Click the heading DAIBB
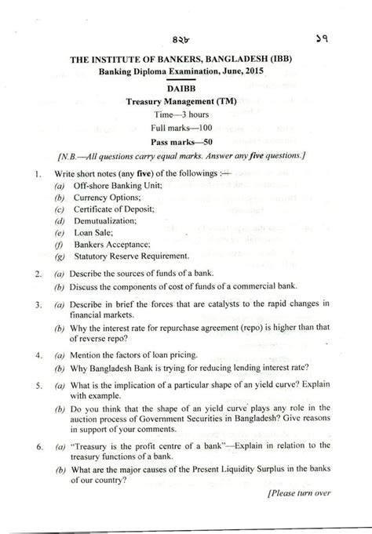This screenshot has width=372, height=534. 187,89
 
